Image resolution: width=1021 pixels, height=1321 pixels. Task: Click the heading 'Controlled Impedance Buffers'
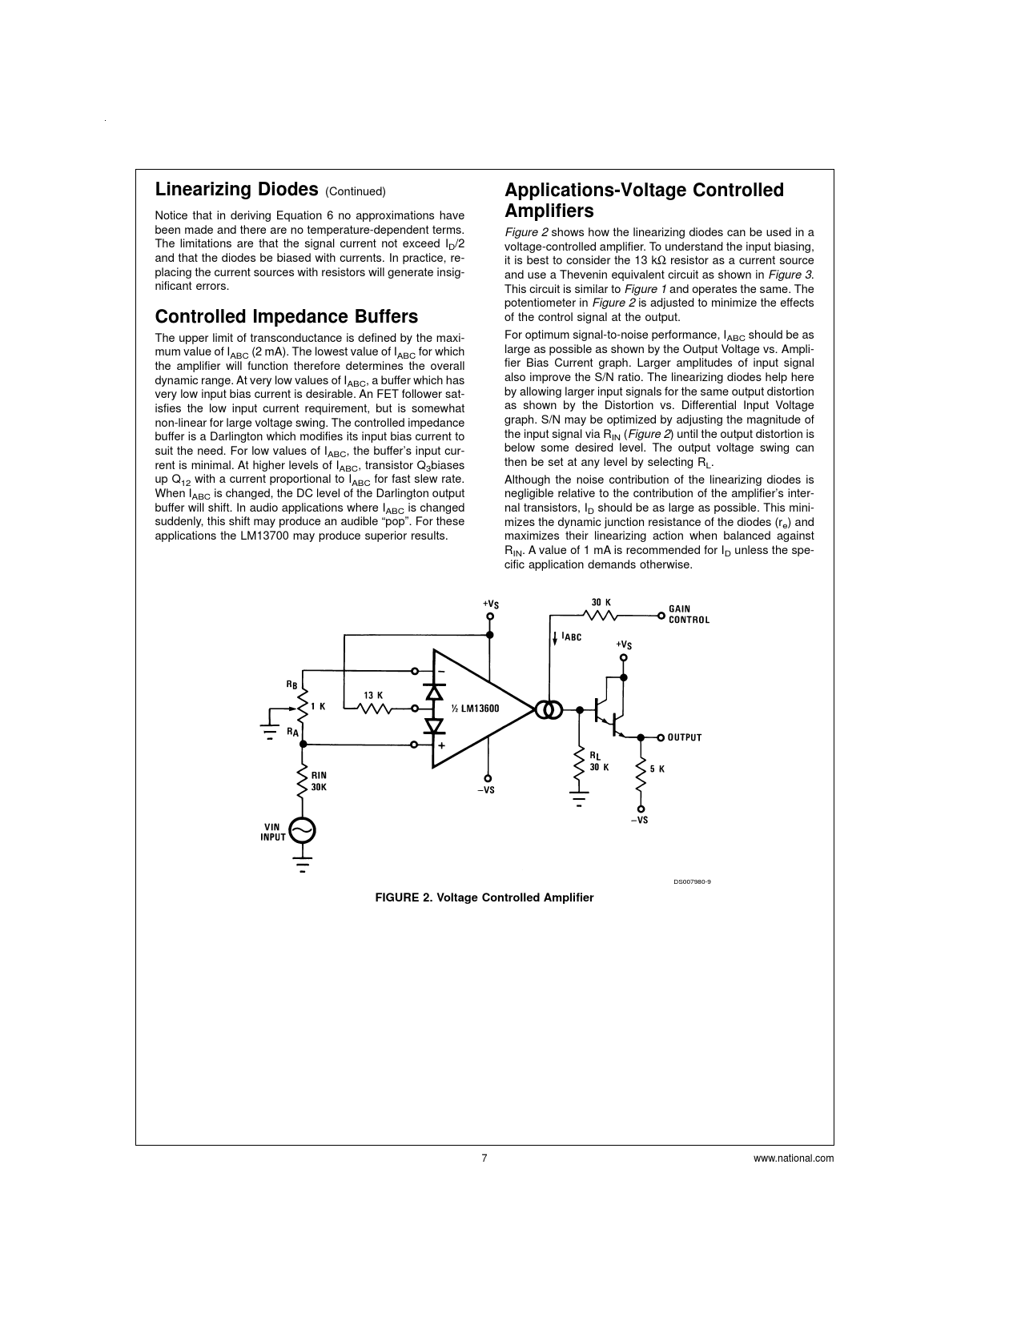[286, 316]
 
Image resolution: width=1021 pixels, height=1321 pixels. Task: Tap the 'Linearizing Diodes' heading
[236, 190]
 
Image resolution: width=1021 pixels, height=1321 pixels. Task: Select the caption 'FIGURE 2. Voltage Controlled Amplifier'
[484, 897]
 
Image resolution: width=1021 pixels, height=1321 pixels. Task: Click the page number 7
[484, 1158]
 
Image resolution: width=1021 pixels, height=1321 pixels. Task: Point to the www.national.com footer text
[794, 1158]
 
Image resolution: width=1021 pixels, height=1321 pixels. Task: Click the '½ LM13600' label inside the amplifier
[475, 709]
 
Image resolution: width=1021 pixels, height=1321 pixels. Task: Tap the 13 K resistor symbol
[373, 709]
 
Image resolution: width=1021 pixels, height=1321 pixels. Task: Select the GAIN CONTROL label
[689, 614]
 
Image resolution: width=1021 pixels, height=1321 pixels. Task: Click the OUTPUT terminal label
[685, 737]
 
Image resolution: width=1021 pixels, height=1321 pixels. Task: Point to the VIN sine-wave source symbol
[302, 831]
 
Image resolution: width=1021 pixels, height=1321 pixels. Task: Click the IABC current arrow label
[571, 637]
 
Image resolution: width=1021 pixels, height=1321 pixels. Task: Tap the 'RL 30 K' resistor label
[599, 761]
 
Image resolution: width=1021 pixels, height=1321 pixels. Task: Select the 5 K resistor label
[657, 769]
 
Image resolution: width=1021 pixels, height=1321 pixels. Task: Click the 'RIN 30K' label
[319, 781]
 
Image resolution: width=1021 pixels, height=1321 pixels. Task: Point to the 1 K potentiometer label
[318, 706]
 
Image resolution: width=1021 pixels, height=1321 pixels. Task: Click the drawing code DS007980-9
[691, 881]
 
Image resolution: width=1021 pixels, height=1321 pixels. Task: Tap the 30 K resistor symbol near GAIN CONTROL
[601, 615]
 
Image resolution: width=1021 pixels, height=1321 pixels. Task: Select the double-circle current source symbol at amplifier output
[549, 709]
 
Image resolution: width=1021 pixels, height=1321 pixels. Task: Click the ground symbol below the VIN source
[302, 865]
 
